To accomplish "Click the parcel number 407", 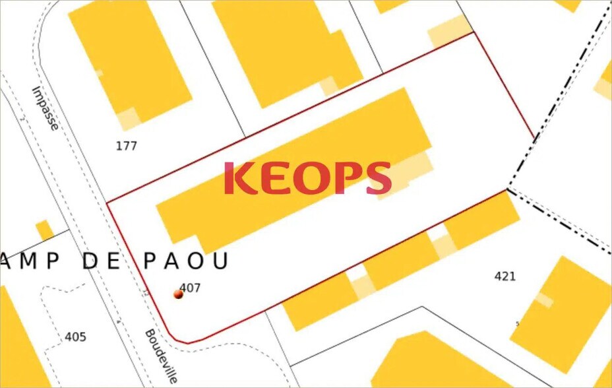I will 190,288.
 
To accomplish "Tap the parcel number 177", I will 126,145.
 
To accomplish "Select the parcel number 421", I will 505,276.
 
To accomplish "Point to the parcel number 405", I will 75,337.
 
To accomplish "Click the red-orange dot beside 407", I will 178,294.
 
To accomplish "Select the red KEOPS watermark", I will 307,179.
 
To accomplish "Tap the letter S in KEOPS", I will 378,179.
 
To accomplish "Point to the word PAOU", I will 185,261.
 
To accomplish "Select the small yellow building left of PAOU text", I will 45,230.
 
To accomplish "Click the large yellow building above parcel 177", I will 129,56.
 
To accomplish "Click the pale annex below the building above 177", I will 129,119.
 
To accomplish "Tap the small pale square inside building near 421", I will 544,300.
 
